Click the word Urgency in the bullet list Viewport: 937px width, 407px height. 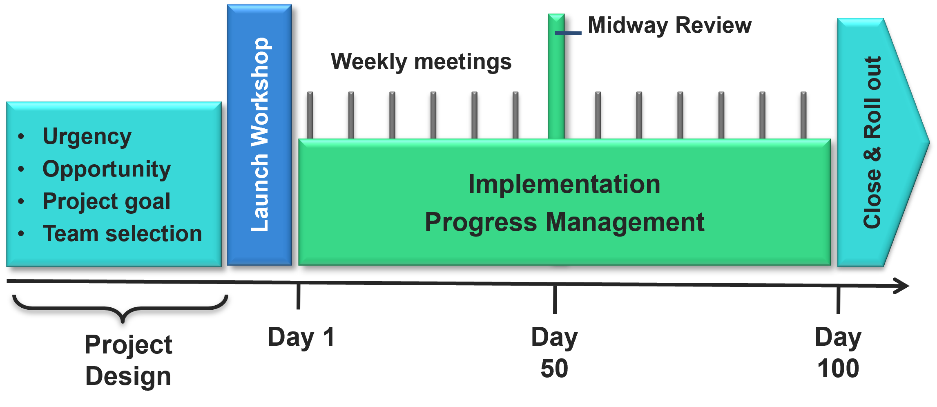pos(87,137)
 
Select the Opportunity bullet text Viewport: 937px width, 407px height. pos(107,169)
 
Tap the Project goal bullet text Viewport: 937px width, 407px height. pos(107,201)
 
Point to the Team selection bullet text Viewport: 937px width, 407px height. pos(122,234)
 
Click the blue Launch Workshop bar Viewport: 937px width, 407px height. pos(259,135)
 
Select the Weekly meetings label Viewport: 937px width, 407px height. pos(421,62)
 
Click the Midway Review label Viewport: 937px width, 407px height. pos(669,25)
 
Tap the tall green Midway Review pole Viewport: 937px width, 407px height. pos(556,82)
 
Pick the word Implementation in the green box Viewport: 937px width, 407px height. pos(564,184)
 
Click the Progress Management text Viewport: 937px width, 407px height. pos(564,222)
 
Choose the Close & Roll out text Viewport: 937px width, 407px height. pos(872,142)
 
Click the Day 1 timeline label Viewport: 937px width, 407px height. pos(301,338)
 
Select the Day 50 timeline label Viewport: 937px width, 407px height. pos(554,353)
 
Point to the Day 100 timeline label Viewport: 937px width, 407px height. pos(838,353)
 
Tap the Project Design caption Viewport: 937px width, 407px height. pos(128,360)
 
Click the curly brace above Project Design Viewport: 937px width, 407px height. pos(121,309)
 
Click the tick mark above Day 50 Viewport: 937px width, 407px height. pos(555,300)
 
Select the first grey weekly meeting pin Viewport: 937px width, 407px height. pos(310,115)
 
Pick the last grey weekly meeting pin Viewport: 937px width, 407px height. pos(803,115)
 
